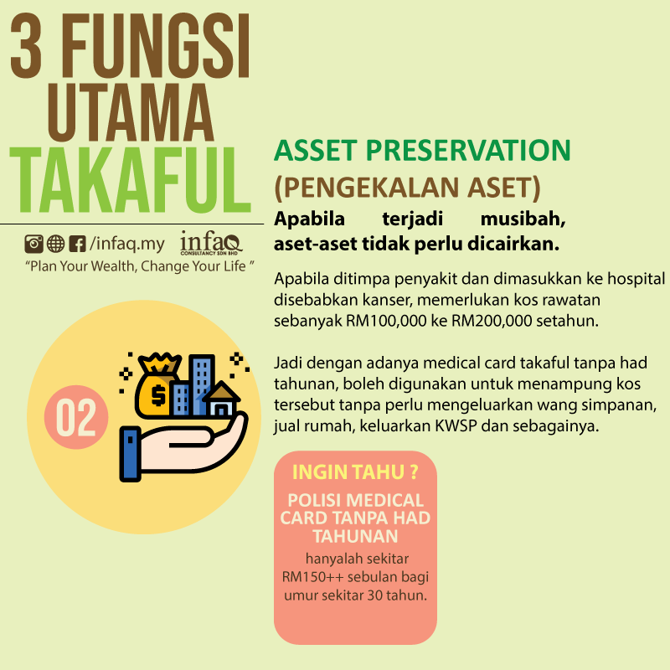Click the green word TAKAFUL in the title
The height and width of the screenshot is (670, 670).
130,180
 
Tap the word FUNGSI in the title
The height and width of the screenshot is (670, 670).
157,46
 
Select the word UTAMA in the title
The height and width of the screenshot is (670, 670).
131,112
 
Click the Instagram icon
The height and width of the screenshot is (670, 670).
33,244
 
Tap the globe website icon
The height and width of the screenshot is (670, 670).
55,244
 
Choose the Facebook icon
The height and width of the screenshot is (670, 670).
77,244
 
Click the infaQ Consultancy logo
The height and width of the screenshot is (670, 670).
211,243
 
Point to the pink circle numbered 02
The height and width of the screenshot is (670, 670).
76,417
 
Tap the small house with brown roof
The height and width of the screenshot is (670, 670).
221,399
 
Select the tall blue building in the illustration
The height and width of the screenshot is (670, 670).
201,384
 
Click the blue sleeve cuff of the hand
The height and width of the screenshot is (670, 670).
131,454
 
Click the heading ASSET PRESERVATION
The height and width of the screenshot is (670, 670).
422,151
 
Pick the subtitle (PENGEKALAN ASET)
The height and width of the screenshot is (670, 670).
407,188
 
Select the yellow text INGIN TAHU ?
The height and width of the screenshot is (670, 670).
355,472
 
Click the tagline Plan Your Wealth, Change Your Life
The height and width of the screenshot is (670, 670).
140,266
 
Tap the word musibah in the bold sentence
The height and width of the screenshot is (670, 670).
523,219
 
